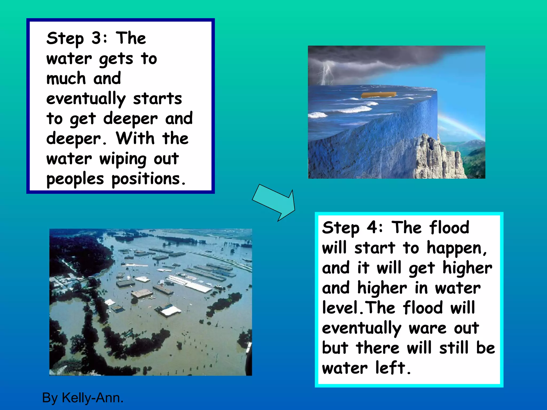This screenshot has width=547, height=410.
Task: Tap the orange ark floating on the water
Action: tap(378, 95)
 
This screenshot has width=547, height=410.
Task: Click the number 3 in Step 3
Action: tap(96, 38)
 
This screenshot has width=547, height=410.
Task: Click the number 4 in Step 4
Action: tap(372, 227)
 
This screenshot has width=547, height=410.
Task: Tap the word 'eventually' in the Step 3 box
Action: tap(86, 99)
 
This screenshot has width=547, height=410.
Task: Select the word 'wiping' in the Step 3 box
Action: tap(123, 159)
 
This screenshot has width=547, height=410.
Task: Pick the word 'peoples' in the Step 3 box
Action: tap(75, 179)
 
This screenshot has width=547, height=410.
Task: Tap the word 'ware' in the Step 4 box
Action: tap(427, 328)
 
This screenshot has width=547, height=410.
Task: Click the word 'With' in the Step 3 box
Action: tap(135, 139)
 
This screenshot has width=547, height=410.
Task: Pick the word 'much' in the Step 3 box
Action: tap(66, 78)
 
